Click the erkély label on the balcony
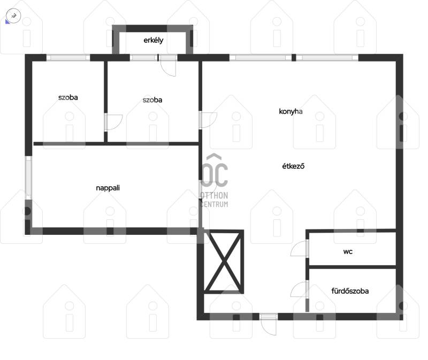click(x=154, y=41)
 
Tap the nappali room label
click(x=108, y=188)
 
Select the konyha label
click(x=291, y=111)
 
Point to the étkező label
click(x=293, y=166)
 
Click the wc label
click(x=348, y=251)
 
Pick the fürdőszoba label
click(x=350, y=291)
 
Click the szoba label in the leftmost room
click(x=68, y=97)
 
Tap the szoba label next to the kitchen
click(x=152, y=100)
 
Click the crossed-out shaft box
click(x=224, y=262)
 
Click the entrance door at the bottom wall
click(x=269, y=325)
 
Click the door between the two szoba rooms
click(x=113, y=122)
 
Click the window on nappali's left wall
click(x=28, y=178)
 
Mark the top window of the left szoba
click(x=68, y=58)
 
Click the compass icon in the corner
click(x=13, y=16)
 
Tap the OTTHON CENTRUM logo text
click(x=215, y=200)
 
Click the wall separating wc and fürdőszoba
click(x=352, y=266)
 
